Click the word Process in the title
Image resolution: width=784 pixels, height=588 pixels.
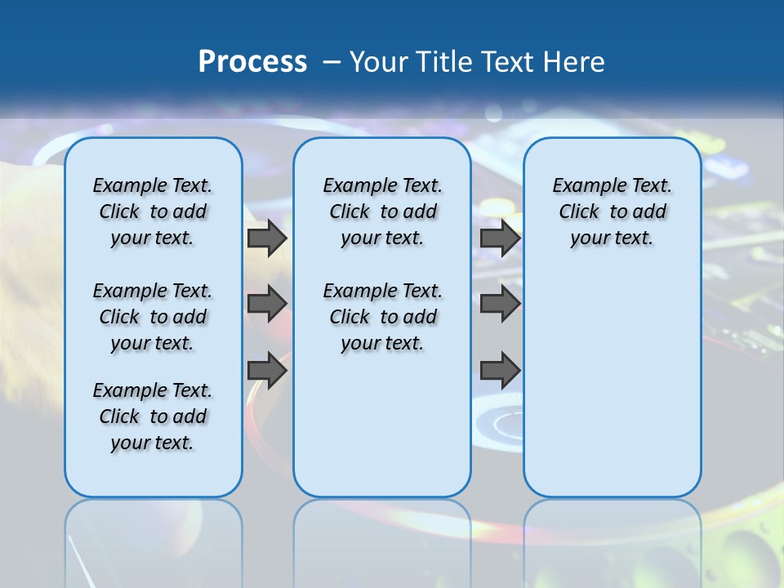[252, 62]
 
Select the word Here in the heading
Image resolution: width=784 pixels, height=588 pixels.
[575, 62]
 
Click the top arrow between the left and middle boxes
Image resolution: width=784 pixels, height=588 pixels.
[267, 238]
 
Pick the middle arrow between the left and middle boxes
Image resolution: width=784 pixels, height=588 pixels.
[267, 304]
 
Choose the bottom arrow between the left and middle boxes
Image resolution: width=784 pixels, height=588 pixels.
[267, 370]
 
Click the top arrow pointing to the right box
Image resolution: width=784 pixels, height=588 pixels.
[500, 238]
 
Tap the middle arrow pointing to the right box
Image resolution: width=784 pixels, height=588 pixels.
[500, 304]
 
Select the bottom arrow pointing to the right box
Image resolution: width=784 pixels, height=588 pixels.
[500, 370]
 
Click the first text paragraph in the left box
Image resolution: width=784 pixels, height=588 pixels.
[153, 212]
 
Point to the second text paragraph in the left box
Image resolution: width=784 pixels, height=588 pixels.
[153, 317]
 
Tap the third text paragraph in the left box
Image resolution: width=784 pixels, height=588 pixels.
[153, 416]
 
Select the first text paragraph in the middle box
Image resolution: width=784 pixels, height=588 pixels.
[382, 212]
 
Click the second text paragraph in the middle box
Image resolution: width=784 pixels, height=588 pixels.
[382, 317]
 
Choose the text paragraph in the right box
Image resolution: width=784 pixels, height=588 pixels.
[612, 212]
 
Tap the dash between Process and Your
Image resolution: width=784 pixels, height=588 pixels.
[332, 62]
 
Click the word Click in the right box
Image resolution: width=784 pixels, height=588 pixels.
[579, 212]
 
